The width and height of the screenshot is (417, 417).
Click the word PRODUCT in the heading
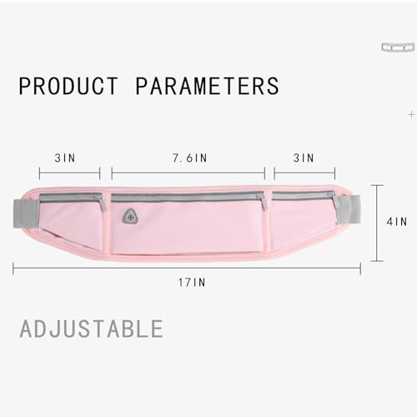coord(68,86)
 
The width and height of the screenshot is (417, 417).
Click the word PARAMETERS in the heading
coord(208,86)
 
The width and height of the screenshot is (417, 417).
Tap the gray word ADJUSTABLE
coord(92,329)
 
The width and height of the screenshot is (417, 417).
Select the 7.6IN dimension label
coord(190,158)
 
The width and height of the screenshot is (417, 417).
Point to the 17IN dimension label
coord(192,283)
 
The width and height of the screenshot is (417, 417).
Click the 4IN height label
coord(397,222)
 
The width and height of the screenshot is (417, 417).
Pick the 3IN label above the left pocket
coord(65,158)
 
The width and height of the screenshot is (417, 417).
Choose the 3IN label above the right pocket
coord(304,158)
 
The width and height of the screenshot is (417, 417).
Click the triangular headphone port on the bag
coord(130,217)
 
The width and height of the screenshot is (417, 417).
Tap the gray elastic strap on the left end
coord(24,214)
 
